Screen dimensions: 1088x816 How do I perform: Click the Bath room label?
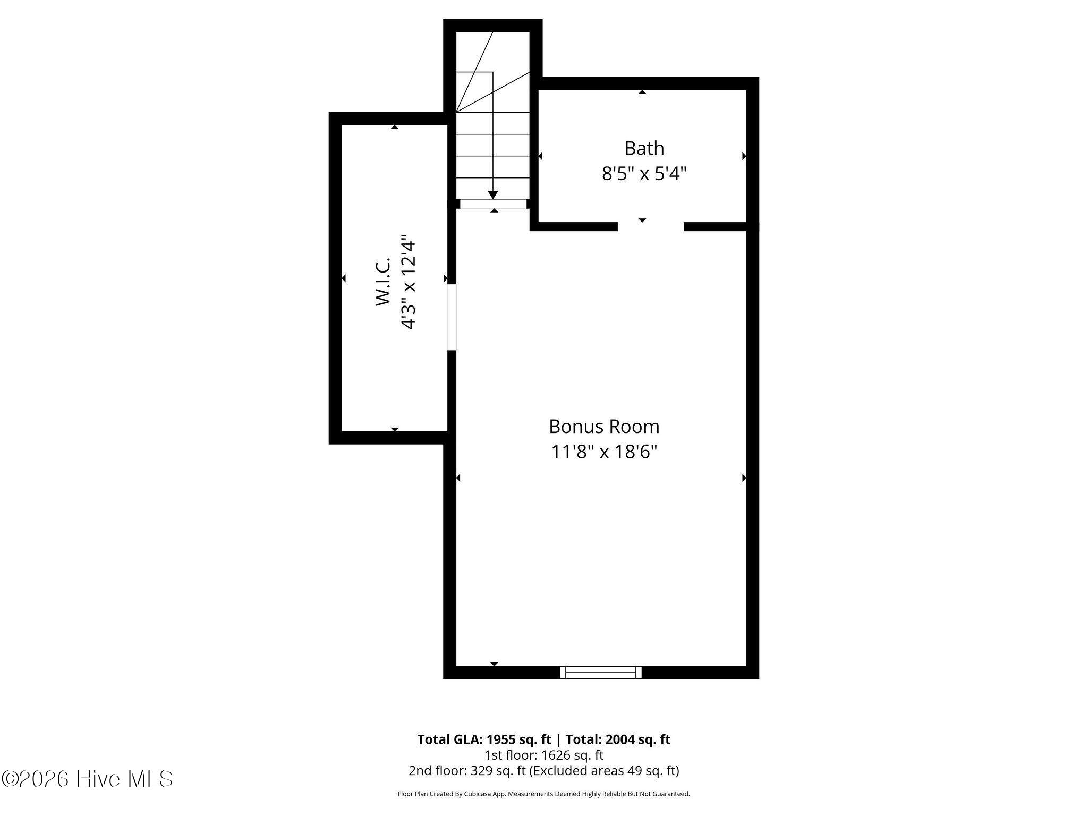644,148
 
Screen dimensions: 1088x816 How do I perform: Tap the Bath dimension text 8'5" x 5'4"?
644,174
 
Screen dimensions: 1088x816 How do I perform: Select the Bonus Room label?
604,427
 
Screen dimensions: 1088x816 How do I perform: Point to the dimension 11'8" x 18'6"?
604,452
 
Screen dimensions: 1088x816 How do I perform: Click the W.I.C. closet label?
384,282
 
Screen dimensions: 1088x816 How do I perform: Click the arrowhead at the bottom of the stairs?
492,194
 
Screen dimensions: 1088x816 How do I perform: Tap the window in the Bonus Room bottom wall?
601,672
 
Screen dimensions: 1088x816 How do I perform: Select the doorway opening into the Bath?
651,226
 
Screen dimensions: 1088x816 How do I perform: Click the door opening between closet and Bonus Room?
452,317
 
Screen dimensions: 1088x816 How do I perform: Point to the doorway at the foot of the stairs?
493,204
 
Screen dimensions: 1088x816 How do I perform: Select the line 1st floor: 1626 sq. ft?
543,755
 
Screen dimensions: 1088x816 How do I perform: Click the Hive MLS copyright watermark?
87,779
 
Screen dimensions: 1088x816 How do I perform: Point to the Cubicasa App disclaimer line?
543,794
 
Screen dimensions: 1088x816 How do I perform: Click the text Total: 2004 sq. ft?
618,739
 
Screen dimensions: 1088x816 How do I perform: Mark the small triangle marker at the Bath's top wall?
642,92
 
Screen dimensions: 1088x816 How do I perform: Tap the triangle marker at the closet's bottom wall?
394,429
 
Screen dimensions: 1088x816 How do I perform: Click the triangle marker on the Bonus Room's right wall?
744,478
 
